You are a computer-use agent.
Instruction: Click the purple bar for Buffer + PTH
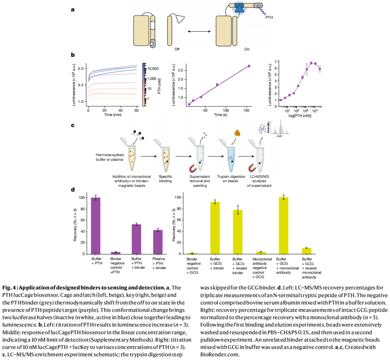pyautogui.click(x=96, y=225)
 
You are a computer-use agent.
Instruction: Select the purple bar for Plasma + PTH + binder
pyautogui.click(x=158, y=242)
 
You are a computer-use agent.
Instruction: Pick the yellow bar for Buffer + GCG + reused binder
pyautogui.click(x=238, y=232)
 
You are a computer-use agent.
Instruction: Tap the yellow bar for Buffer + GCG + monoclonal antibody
pyautogui.click(x=283, y=225)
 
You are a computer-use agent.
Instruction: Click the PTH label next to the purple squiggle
pyautogui.click(x=269, y=17)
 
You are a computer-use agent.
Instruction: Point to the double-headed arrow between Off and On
pyautogui.click(x=199, y=31)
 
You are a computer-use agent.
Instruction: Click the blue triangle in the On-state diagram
pyautogui.click(x=239, y=8)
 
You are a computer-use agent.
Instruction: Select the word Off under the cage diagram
pyautogui.click(x=177, y=49)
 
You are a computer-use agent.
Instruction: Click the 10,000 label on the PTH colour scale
pyautogui.click(x=153, y=69)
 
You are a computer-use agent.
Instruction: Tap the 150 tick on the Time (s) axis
pyautogui.click(x=246, y=110)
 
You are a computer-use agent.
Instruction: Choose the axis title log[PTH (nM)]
pyautogui.click(x=300, y=116)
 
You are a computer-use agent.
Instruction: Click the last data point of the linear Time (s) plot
pyautogui.click(x=249, y=66)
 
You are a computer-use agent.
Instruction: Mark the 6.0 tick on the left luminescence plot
pyautogui.click(x=81, y=69)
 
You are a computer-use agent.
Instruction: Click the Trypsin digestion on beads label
pyautogui.click(x=231, y=179)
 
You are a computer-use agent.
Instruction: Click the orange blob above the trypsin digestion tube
pyautogui.click(x=238, y=133)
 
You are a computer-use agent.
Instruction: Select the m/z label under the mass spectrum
pyautogui.click(x=279, y=136)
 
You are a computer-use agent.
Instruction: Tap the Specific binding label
pyautogui.click(x=165, y=179)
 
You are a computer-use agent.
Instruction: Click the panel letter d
pyautogui.click(x=73, y=190)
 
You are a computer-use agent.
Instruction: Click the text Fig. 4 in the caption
pyautogui.click(x=9, y=288)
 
